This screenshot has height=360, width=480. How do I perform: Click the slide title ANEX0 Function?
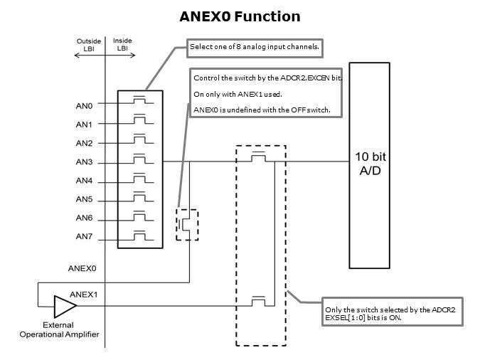240,16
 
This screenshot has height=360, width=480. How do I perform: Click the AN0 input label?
85,105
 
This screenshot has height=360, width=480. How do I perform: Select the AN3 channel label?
85,162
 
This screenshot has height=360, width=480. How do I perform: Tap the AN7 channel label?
85,236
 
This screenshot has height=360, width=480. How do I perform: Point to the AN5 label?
85,199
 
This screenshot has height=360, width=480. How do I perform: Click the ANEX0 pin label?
82,270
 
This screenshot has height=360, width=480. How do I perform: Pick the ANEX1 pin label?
83,294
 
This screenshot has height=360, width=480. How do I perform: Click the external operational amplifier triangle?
65,307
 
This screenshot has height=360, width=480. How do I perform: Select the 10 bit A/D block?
370,164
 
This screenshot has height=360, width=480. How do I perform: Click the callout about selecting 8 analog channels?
254,48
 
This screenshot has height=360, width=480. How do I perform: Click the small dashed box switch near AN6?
188,225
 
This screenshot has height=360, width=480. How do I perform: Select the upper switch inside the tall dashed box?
260,158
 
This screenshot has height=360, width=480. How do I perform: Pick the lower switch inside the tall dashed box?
260,302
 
